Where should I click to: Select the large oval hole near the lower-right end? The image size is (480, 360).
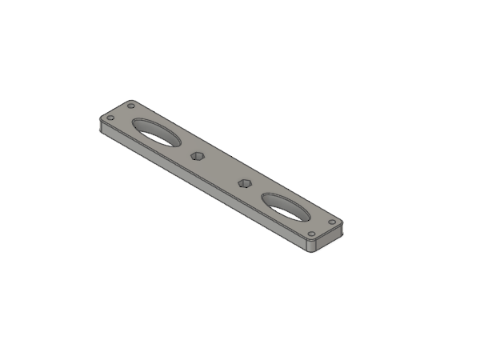click(286, 206)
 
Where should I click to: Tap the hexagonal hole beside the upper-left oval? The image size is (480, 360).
click(197, 154)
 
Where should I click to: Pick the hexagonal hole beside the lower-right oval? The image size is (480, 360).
click(246, 183)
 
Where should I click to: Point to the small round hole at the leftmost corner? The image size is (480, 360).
click(110, 118)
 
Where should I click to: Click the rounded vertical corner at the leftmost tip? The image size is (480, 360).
click(99, 124)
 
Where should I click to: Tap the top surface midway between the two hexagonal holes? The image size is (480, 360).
click(222, 169)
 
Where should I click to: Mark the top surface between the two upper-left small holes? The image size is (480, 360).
click(121, 111)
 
